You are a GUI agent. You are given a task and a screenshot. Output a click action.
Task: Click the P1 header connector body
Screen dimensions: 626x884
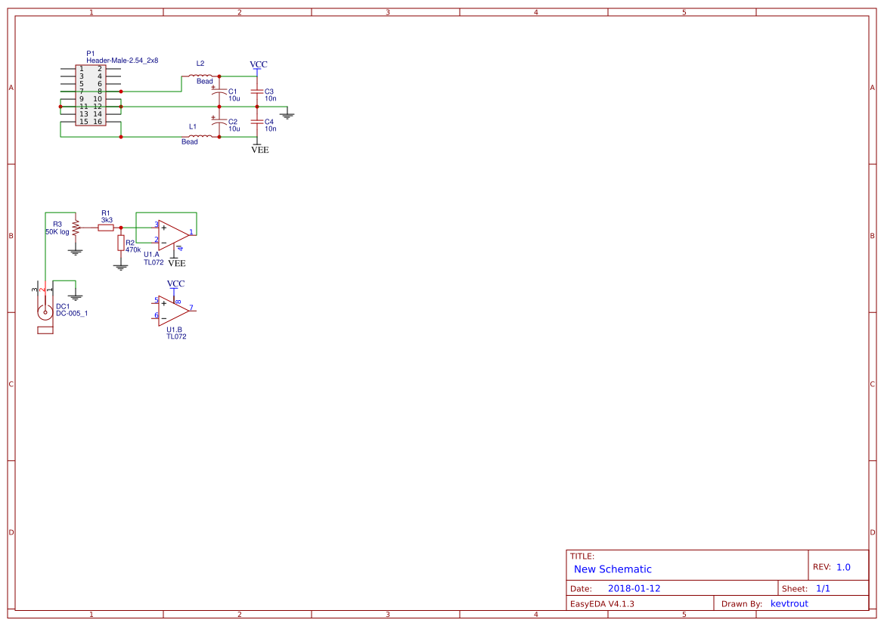[91, 95]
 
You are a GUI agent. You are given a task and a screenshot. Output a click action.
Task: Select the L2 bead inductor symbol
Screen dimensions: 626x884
[200, 76]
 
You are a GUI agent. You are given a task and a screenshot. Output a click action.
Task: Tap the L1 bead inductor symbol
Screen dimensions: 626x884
[200, 136]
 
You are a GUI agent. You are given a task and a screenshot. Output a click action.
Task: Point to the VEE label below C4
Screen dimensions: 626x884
[259, 150]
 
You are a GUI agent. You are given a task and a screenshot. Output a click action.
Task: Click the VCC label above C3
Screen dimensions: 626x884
[258, 65]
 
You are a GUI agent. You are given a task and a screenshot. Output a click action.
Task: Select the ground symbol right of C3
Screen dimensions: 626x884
[287, 115]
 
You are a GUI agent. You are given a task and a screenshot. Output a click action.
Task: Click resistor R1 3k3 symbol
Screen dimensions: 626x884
[106, 227]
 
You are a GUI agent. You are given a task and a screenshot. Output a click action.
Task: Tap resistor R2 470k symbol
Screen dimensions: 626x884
[120, 242]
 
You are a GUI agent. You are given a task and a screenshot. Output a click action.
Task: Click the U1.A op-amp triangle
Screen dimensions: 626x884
[172, 234]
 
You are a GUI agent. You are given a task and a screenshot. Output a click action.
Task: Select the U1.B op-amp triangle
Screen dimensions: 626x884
[172, 310]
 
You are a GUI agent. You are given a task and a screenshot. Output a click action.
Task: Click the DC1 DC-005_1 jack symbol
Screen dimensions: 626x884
[45, 311]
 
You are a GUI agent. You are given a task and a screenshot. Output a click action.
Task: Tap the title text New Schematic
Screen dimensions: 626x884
[613, 569]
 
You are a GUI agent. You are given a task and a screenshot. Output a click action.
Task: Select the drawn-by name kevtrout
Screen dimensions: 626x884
[789, 603]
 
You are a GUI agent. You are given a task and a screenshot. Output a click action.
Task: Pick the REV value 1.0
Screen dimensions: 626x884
[843, 567]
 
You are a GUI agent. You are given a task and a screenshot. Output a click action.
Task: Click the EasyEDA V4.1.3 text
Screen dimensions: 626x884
[602, 603]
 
